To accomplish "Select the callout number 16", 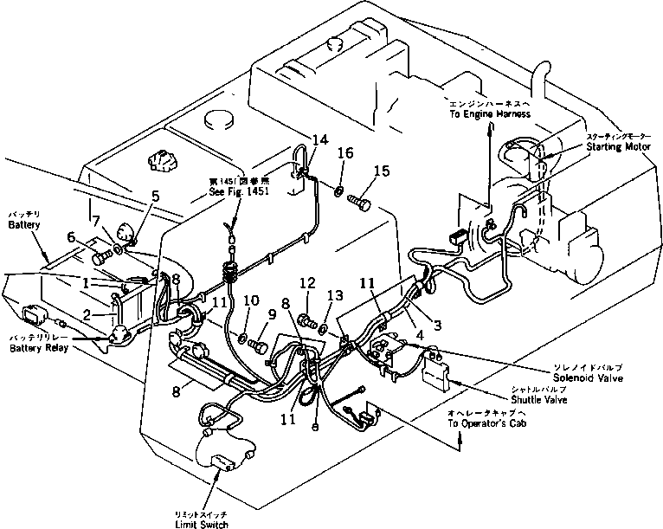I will (x=345, y=153).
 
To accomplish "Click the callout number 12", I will (x=306, y=284).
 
